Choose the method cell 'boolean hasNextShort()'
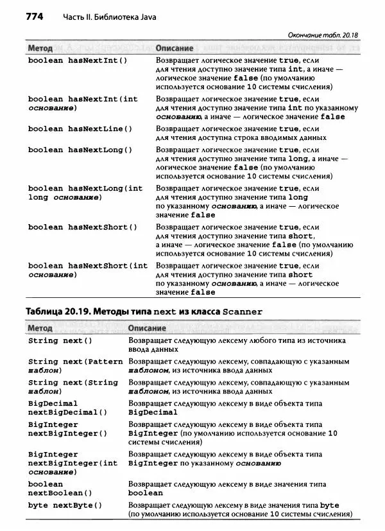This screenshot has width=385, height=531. point(83,227)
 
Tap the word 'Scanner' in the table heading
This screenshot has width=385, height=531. point(242,312)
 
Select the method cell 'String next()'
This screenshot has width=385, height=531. point(60,341)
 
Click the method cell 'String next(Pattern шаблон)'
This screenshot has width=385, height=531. point(75,366)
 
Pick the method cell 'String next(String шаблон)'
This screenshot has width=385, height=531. point(73,387)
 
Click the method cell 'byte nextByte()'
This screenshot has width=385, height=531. point(65,505)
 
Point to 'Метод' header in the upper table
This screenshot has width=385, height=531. point(40,48)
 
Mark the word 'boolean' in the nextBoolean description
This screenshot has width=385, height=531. point(146,493)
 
